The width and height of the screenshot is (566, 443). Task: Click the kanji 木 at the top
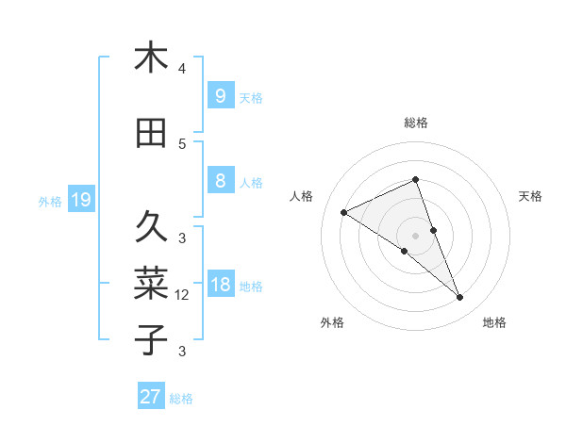151,58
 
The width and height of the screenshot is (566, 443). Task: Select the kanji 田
151,133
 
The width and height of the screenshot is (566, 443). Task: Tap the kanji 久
151,227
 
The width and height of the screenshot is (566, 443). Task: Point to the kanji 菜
151,282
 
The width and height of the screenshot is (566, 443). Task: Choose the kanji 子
151,338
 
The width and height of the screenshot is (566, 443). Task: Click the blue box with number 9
220,95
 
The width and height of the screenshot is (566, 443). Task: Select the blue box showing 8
220,181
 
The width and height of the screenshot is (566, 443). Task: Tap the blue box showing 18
220,285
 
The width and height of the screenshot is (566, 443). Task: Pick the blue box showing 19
80,200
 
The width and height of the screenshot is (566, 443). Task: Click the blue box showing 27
151,397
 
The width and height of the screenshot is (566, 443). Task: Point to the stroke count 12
182,295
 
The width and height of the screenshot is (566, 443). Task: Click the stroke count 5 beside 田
182,144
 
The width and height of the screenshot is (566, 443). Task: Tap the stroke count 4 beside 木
182,69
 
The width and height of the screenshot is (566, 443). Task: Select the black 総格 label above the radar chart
415,123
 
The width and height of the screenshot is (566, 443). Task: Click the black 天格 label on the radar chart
530,196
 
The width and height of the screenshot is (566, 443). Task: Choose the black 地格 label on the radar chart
494,322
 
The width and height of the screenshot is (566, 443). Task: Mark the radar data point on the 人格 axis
343,212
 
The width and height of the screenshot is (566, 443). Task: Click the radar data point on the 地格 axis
460,298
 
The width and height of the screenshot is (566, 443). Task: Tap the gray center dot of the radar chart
415,235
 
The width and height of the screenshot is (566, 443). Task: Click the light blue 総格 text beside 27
181,399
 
